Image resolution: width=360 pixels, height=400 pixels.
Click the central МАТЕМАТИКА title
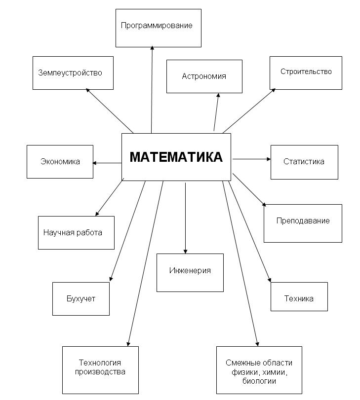pos(176,157)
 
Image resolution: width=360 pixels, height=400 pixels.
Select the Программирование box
pos(159,28)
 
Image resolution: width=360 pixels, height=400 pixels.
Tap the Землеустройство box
pos(73,73)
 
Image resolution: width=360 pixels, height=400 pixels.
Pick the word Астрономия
pos(204,76)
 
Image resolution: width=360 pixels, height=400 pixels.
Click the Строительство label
pos(306,72)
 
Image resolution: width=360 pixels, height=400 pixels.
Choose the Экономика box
pos(60,162)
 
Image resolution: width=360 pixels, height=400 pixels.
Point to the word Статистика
pos(304,161)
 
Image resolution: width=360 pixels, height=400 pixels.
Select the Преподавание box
pos(303,223)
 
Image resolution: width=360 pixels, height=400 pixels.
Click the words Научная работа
pos(73,232)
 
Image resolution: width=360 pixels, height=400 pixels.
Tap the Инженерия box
pos(190,273)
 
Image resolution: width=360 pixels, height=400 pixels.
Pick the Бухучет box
pos(81,299)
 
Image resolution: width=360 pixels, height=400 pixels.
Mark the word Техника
pos(299,298)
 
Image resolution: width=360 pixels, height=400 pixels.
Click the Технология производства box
pos(100,370)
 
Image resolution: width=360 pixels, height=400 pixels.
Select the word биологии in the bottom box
pos(259,381)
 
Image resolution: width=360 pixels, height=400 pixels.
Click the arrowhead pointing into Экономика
pos(94,163)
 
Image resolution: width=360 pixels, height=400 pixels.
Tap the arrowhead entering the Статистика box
pos(269,159)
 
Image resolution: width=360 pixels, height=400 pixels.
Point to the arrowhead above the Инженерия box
pos(186,252)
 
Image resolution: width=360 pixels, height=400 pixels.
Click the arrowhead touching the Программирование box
pos(152,48)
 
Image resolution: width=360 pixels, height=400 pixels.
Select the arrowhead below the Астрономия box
pos(218,95)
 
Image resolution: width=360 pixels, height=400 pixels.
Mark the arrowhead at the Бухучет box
pos(111,279)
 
